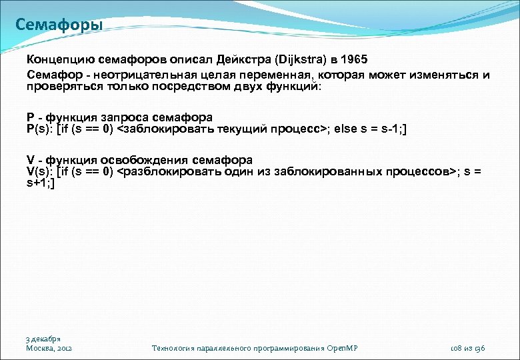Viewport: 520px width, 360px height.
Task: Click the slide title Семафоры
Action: coord(59,26)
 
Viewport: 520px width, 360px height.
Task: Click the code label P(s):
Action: coord(41,128)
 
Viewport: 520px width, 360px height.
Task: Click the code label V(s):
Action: coord(41,171)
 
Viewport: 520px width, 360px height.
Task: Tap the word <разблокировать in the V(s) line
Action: coord(159,171)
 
